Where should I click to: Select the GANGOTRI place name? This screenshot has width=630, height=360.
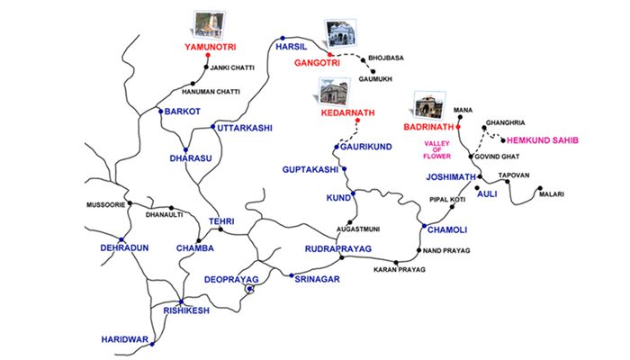315,63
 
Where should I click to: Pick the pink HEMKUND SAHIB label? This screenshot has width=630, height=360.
543,140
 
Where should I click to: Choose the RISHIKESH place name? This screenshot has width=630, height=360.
186,310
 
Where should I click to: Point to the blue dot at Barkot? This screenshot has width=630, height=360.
159,112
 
